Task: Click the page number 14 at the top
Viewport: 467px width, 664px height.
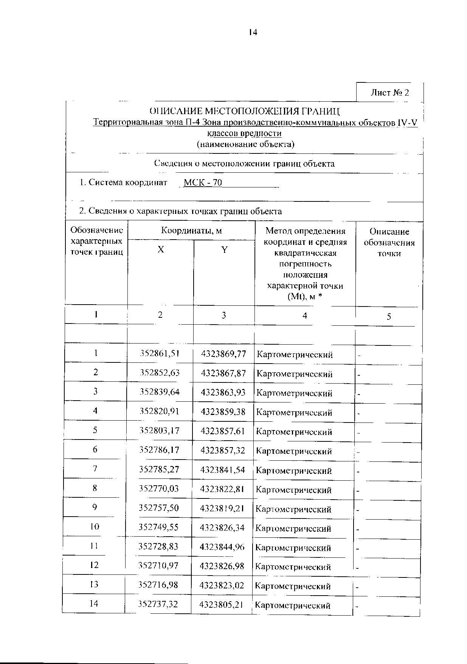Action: pyautogui.click(x=253, y=33)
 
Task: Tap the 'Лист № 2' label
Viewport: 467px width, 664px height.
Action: pyautogui.click(x=389, y=93)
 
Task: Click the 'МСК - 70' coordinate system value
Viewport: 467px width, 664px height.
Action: pyautogui.click(x=203, y=183)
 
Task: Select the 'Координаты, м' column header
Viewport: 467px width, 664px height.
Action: pyautogui.click(x=191, y=231)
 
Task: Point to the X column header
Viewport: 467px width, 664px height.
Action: pyautogui.click(x=161, y=249)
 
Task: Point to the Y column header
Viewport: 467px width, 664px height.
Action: pyautogui.click(x=224, y=249)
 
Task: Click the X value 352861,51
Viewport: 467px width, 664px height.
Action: pyautogui.click(x=159, y=354)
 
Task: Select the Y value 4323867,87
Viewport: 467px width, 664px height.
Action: pyautogui.click(x=223, y=373)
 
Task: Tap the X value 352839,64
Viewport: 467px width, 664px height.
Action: pyautogui.click(x=159, y=392)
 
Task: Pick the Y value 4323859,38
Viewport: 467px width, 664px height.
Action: pyautogui.click(x=223, y=412)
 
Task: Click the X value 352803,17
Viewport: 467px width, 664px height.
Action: pyautogui.click(x=159, y=431)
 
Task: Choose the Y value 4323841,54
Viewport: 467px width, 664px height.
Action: pyautogui.click(x=223, y=470)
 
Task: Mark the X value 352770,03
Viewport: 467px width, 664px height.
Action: pyautogui.click(x=158, y=489)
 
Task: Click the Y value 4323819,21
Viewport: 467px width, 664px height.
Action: pyautogui.click(x=222, y=508)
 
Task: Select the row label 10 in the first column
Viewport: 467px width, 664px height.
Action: pyautogui.click(x=95, y=526)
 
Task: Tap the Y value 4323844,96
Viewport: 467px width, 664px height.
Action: pyautogui.click(x=222, y=547)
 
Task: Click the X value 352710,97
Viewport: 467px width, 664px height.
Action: pyautogui.click(x=158, y=566)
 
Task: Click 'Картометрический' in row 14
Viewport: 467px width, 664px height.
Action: pyautogui.click(x=293, y=605)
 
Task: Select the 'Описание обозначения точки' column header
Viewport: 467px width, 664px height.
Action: pyautogui.click(x=389, y=242)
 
